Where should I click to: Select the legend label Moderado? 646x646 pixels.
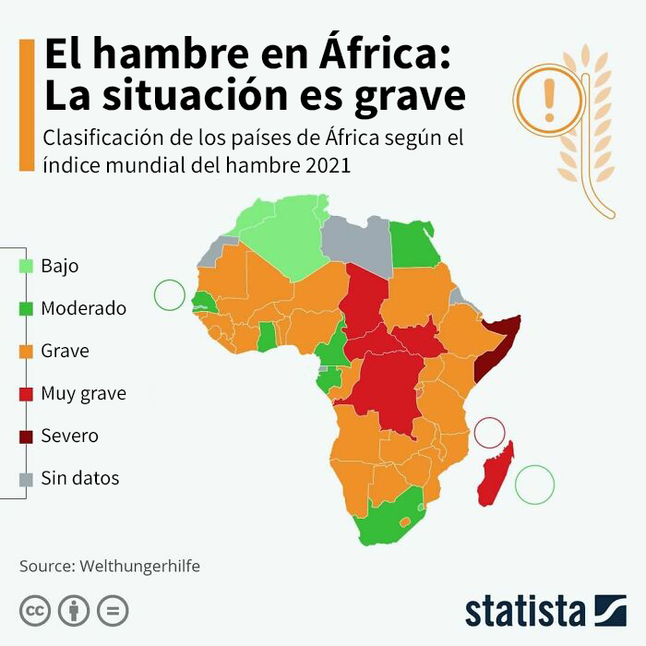tap(83, 308)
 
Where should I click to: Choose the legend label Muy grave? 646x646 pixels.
tap(83, 393)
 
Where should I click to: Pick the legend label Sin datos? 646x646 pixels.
tap(79, 478)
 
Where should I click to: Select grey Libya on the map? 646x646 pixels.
tap(357, 242)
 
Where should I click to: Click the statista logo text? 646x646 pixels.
tap(525, 611)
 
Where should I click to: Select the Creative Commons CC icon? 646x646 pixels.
tap(35, 611)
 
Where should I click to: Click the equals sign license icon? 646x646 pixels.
tap(113, 611)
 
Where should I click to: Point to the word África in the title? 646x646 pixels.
tap(384, 55)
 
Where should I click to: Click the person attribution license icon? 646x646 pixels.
tap(74, 611)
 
